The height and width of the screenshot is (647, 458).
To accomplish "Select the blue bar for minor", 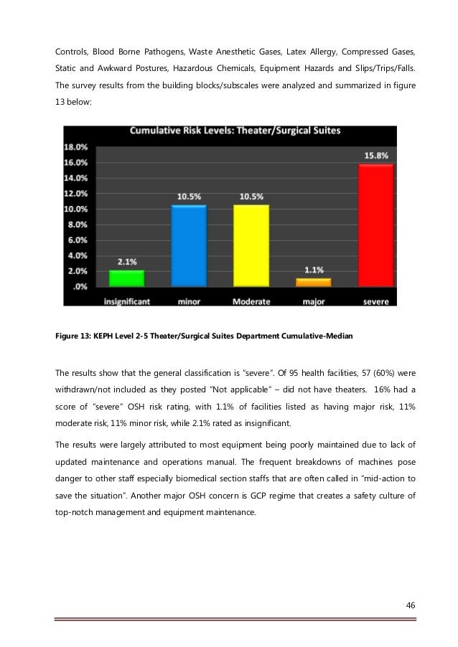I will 189,246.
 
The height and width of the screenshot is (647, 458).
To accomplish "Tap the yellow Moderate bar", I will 252,246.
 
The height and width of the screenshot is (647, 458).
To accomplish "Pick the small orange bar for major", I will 314,282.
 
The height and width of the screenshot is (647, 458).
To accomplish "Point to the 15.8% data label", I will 375,155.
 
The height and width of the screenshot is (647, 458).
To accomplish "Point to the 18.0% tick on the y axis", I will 77,146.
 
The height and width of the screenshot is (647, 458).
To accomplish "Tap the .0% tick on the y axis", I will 80,286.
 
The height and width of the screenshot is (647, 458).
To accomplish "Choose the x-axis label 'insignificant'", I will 126,302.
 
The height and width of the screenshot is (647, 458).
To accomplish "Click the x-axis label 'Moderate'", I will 252,302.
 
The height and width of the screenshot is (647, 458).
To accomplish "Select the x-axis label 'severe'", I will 375,302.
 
